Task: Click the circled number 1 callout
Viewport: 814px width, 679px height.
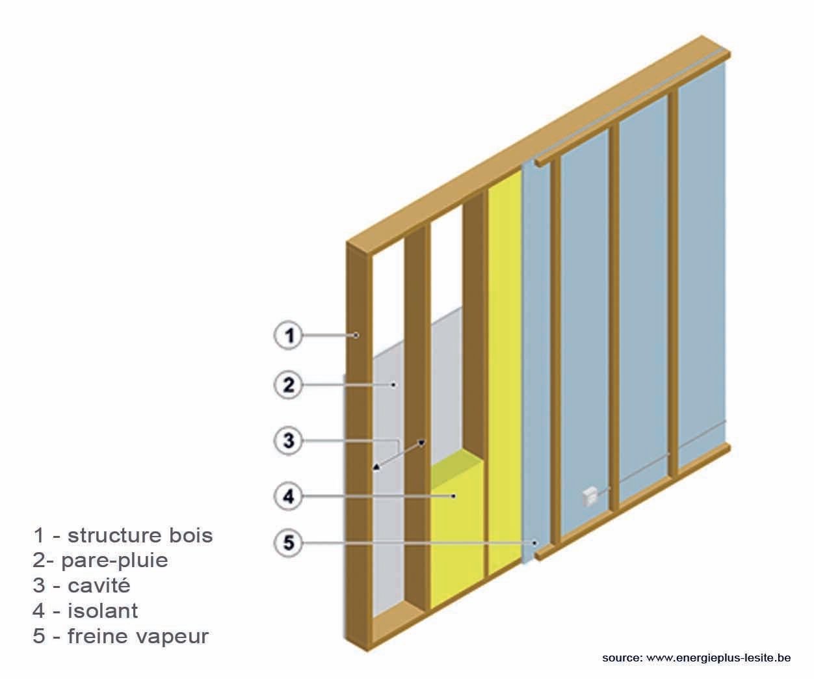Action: pyautogui.click(x=287, y=336)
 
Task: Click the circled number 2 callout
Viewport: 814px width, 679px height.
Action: pyautogui.click(x=287, y=385)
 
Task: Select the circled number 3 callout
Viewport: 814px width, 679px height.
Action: pyautogui.click(x=287, y=441)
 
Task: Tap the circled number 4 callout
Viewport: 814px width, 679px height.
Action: pyautogui.click(x=287, y=496)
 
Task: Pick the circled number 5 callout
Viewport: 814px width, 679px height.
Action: pyautogui.click(x=287, y=542)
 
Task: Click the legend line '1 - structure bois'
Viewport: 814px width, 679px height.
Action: pyautogui.click(x=123, y=535)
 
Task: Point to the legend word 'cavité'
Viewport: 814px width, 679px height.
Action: pyautogui.click(x=99, y=585)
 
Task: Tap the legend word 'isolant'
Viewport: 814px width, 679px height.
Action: pyautogui.click(x=103, y=611)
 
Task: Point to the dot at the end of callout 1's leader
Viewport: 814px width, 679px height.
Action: pyautogui.click(x=356, y=336)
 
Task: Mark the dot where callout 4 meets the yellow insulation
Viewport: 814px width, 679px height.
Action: pyautogui.click(x=453, y=496)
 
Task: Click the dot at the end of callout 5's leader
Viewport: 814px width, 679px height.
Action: pyautogui.click(x=534, y=542)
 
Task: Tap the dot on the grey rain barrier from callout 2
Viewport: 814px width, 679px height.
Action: pyautogui.click(x=394, y=385)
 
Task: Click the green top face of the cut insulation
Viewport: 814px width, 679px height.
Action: pyautogui.click(x=458, y=462)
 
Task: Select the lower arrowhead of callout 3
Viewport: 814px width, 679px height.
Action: pyautogui.click(x=376, y=466)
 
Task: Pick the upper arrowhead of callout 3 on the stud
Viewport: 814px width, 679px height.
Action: pyautogui.click(x=421, y=444)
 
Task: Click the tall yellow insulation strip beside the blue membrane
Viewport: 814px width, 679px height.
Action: pyautogui.click(x=504, y=364)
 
